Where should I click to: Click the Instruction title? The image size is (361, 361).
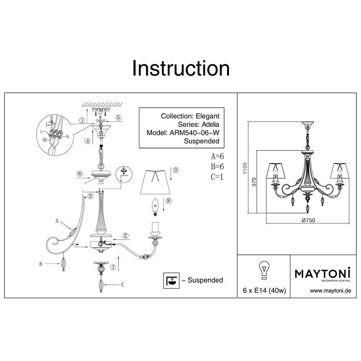(x=180, y=68)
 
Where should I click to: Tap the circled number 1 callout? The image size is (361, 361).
(x=83, y=121)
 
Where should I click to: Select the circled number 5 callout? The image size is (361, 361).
(x=118, y=118)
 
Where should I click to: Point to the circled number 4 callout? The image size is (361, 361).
(x=87, y=141)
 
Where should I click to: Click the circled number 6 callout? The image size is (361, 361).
(x=80, y=174)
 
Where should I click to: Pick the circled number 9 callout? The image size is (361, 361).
(x=176, y=170)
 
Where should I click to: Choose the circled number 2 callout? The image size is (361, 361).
(x=125, y=236)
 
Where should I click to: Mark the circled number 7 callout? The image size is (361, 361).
(x=113, y=268)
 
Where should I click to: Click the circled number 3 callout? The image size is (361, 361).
(x=91, y=196)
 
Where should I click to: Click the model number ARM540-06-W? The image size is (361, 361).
(x=195, y=132)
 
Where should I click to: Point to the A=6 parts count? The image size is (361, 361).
(x=218, y=157)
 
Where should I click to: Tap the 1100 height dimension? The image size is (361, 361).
(x=245, y=169)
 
